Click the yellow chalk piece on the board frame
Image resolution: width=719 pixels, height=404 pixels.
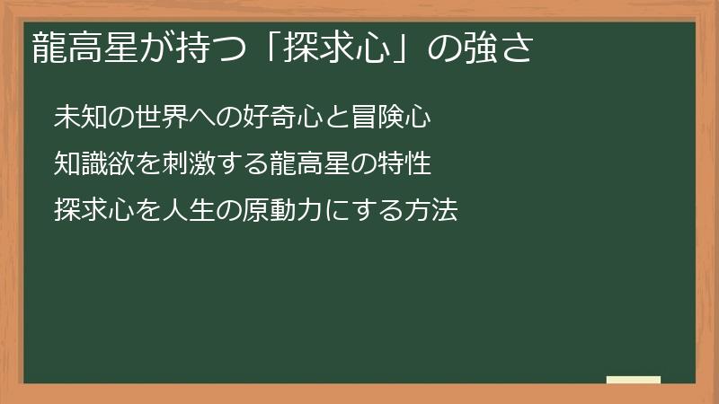[x=634, y=380]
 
